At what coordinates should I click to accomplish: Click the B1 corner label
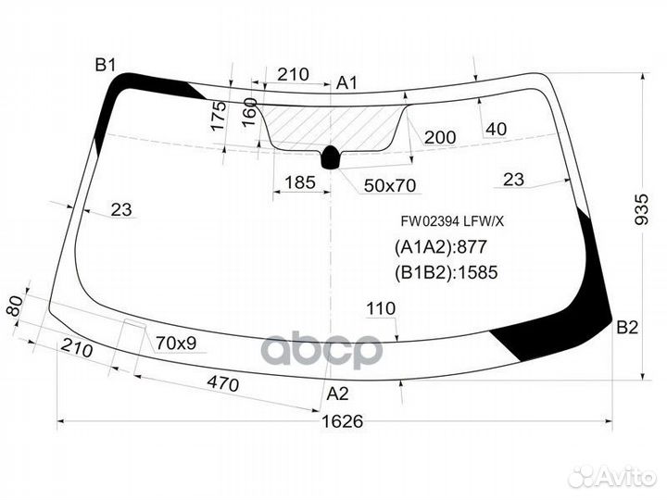pyautogui.click(x=105, y=64)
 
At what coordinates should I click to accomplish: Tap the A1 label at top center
pyautogui.click(x=346, y=83)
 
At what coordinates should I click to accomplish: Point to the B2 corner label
pyautogui.click(x=628, y=327)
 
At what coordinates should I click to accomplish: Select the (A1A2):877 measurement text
pyautogui.click(x=440, y=247)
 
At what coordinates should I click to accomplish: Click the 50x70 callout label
pyautogui.click(x=390, y=186)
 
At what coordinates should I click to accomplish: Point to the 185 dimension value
pyautogui.click(x=299, y=182)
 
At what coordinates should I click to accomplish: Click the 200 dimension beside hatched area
pyautogui.click(x=440, y=138)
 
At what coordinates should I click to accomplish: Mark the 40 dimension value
pyautogui.click(x=496, y=129)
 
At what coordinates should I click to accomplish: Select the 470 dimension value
pyautogui.click(x=221, y=383)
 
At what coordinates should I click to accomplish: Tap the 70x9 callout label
pyautogui.click(x=176, y=344)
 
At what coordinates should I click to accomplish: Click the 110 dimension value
pyautogui.click(x=381, y=308)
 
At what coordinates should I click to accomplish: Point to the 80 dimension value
pyautogui.click(x=14, y=306)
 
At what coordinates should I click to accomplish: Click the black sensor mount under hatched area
pyautogui.click(x=330, y=158)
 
